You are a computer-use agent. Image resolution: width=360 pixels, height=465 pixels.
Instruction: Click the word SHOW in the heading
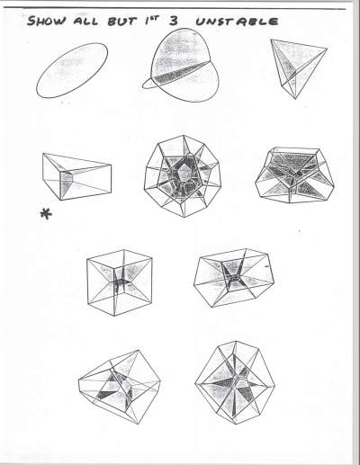(x=47, y=21)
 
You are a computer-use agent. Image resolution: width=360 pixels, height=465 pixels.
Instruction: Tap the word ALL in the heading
(x=85, y=22)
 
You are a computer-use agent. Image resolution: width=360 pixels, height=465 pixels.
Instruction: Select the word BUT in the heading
(x=122, y=22)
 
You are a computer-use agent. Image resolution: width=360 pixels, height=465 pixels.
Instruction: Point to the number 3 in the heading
(x=174, y=21)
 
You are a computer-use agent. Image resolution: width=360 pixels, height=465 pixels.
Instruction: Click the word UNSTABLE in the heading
(x=237, y=22)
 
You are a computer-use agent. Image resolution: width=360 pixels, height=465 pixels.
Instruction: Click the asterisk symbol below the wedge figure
(x=46, y=214)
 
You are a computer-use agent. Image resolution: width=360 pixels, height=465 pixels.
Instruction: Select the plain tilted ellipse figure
(x=72, y=70)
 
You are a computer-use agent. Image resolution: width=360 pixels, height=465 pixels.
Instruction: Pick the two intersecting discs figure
(x=181, y=66)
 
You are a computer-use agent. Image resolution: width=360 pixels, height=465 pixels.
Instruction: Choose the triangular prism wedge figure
(x=77, y=176)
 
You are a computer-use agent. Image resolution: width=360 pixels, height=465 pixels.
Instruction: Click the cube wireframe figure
(x=120, y=282)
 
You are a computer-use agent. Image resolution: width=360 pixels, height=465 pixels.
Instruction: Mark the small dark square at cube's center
(x=121, y=282)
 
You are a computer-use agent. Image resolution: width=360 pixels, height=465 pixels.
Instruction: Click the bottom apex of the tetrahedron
(x=295, y=99)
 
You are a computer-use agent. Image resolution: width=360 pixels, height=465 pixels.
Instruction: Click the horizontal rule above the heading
(x=175, y=8)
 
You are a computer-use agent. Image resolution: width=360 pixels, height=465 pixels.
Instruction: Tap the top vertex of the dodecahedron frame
(x=184, y=136)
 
